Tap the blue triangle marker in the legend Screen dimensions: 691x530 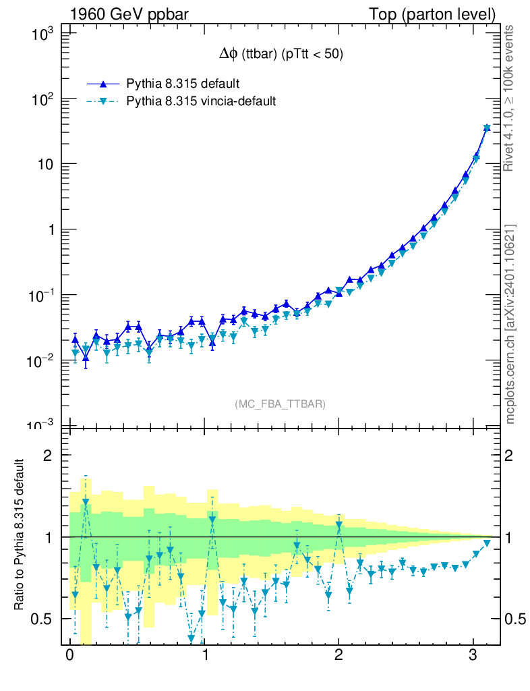click(103, 84)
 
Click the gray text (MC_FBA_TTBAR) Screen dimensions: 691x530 click(280, 404)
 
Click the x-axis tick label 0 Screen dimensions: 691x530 click(69, 655)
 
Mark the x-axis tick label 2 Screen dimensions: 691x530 click(338, 655)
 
